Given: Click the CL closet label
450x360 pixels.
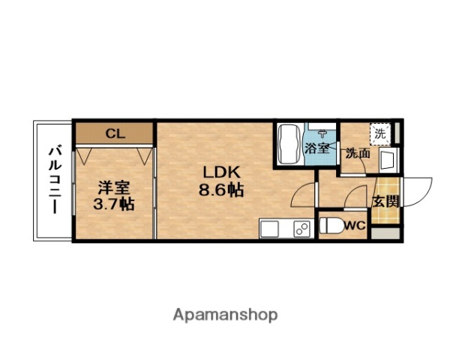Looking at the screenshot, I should tap(114, 134).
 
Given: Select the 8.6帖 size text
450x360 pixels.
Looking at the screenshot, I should tap(220, 190).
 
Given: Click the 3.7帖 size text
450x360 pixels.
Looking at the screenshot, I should tap(114, 203).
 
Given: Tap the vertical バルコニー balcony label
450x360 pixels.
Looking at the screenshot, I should tap(54, 180).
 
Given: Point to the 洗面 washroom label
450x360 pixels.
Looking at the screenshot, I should tap(357, 153).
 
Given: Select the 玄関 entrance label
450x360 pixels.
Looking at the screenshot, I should tap(385, 202).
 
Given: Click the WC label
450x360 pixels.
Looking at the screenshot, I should tap(355, 225).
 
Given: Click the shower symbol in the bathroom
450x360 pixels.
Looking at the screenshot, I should tap(322, 129).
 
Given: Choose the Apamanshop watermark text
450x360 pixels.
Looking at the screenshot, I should tap(225, 314).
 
